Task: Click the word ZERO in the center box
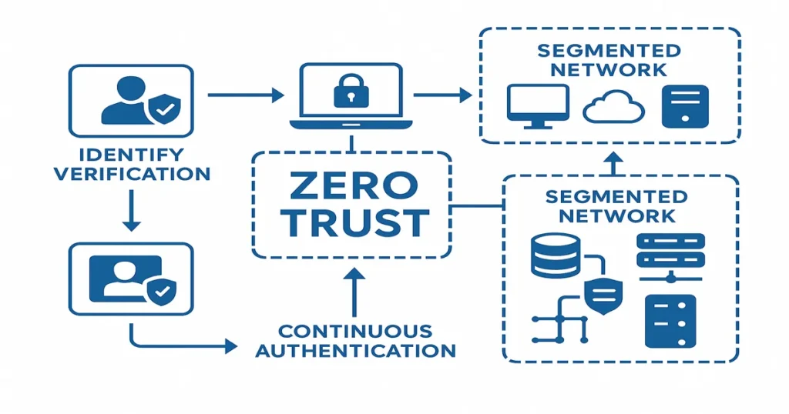click(x=351, y=186)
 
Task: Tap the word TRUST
click(x=351, y=223)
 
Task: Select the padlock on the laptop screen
click(x=351, y=92)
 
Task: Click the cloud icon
click(x=613, y=109)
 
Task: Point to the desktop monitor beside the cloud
click(x=538, y=105)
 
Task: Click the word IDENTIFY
click(x=130, y=153)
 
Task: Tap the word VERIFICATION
click(x=130, y=174)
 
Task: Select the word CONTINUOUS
click(x=354, y=331)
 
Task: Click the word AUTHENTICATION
click(x=354, y=351)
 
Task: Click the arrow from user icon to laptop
click(x=247, y=95)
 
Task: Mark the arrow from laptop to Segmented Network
click(x=442, y=95)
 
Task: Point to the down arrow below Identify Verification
click(x=131, y=212)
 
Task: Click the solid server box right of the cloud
click(x=684, y=105)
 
